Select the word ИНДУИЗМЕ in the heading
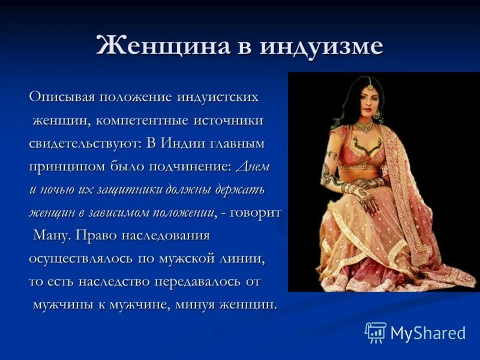(x=321, y=47)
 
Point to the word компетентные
(x=142, y=121)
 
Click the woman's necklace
(x=364, y=127)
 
